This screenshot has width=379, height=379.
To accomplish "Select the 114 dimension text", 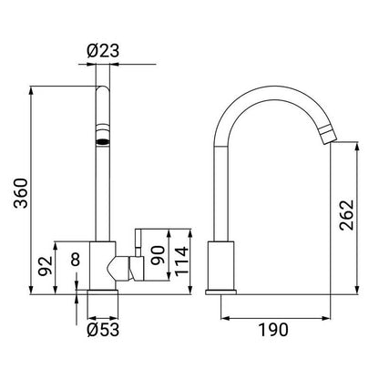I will (181, 261).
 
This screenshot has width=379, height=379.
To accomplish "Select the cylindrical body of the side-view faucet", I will (221, 264).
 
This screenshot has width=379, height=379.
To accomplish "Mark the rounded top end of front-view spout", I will (100, 89).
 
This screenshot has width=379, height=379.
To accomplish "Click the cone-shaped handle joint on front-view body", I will (117, 267).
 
